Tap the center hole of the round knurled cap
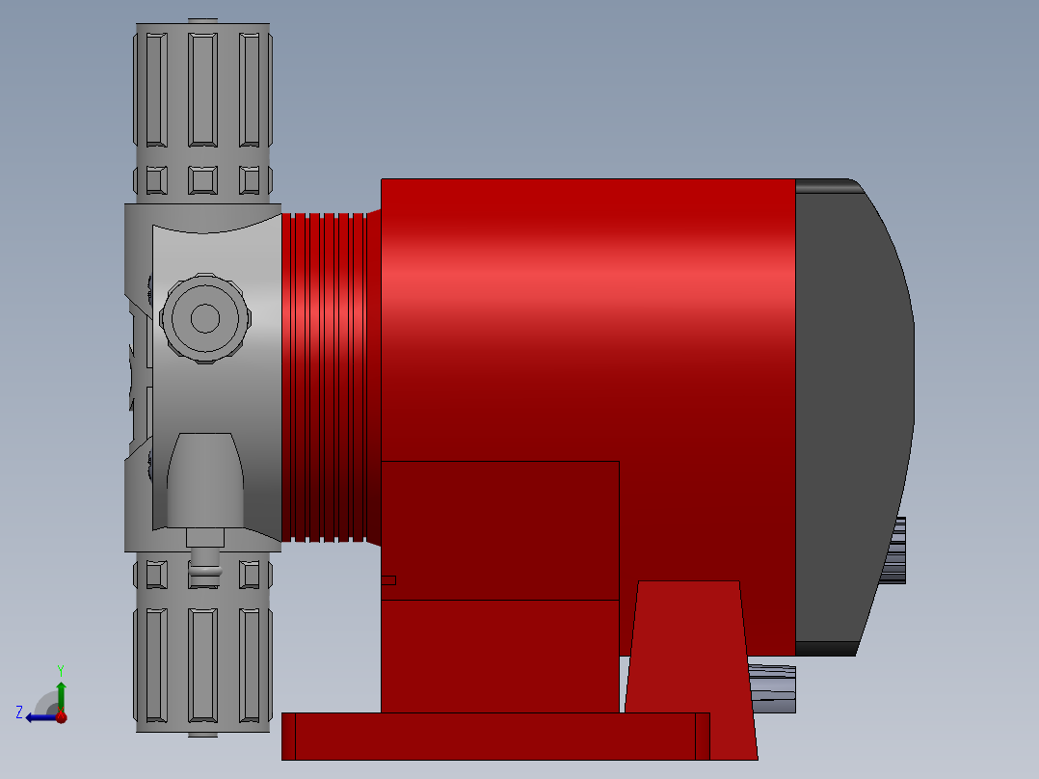[204, 318]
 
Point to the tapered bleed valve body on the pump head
[204, 479]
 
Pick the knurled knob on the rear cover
[894, 550]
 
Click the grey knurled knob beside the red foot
[773, 688]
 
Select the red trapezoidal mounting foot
[689, 665]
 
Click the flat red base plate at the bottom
[492, 737]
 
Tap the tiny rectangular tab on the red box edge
[388, 579]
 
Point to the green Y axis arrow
[61, 692]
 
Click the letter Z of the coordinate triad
[19, 712]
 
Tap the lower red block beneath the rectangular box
[499, 656]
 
